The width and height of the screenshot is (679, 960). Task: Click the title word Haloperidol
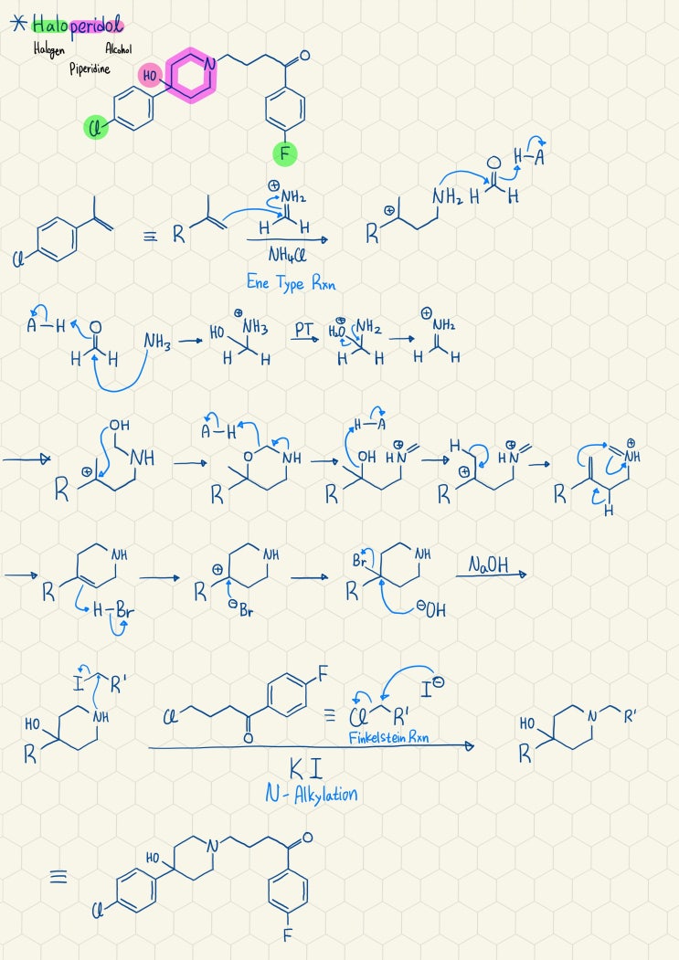point(77,26)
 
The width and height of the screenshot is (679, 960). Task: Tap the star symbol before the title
point(19,24)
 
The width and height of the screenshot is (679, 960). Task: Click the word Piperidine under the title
point(90,69)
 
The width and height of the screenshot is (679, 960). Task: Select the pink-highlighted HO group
point(150,75)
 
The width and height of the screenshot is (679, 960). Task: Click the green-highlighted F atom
point(285,153)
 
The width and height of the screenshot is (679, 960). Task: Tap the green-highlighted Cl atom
point(95,129)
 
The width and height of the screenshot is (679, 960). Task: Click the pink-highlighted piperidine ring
point(191,75)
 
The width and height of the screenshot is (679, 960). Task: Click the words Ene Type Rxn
point(292,282)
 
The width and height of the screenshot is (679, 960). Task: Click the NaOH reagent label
point(488,564)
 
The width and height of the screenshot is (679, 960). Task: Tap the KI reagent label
point(306,768)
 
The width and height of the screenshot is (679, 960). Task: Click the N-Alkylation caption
point(312,794)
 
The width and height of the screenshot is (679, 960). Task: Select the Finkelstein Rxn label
point(388,737)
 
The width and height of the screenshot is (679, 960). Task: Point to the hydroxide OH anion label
point(431,610)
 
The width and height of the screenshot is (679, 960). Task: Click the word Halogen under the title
point(49,49)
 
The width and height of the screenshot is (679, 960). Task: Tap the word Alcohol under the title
point(118,48)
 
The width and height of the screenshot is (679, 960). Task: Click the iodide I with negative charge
point(432,688)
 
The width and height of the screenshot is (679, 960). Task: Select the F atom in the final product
point(287,935)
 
